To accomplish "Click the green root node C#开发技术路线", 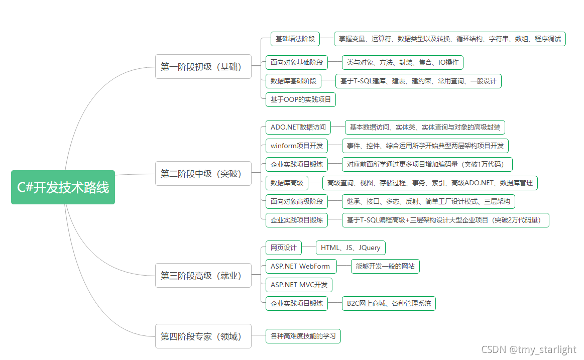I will (63, 187).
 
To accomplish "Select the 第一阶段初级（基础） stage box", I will (203, 67).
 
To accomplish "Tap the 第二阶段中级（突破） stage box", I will (203, 174).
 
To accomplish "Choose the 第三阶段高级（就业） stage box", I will (203, 276).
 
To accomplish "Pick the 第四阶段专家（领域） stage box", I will (203, 336).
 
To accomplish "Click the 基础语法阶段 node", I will (295, 39).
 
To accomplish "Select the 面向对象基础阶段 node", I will (296, 63).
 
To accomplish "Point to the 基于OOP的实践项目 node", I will (300, 99).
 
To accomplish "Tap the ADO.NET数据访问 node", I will (298, 127).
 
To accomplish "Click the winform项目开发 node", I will (296, 146).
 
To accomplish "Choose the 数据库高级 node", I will (287, 183).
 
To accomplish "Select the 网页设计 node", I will (283, 248).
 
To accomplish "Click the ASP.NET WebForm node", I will (300, 266).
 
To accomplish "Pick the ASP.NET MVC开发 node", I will (299, 285).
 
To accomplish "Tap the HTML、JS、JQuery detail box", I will (351, 248).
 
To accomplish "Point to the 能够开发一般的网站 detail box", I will (385, 266).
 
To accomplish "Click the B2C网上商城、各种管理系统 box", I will (389, 303).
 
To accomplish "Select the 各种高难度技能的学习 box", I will (303, 336).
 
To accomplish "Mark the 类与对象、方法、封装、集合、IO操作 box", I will (402, 63).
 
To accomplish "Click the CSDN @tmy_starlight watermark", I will (528, 350).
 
